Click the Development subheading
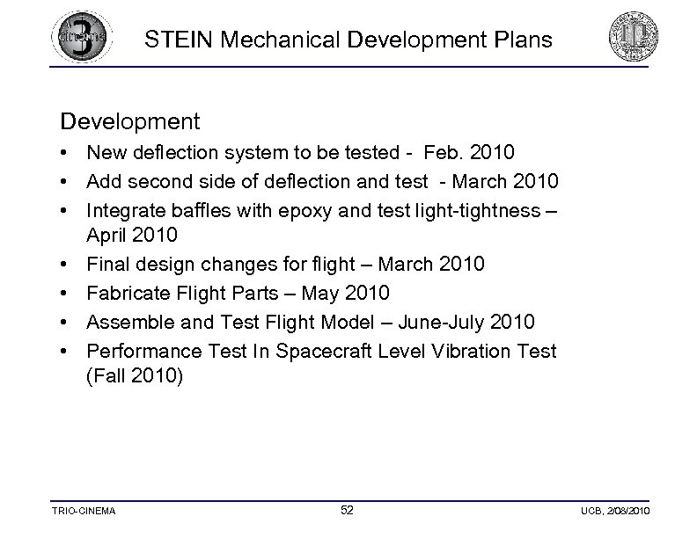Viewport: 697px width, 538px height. click(x=130, y=120)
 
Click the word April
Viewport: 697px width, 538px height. click(x=108, y=236)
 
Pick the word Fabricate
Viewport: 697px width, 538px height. click(x=129, y=292)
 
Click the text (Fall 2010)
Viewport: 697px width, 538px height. click(x=136, y=376)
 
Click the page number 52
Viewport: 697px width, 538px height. click(x=348, y=511)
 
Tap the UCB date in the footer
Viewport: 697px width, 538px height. click(x=615, y=512)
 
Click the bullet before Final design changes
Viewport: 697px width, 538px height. click(x=66, y=265)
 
